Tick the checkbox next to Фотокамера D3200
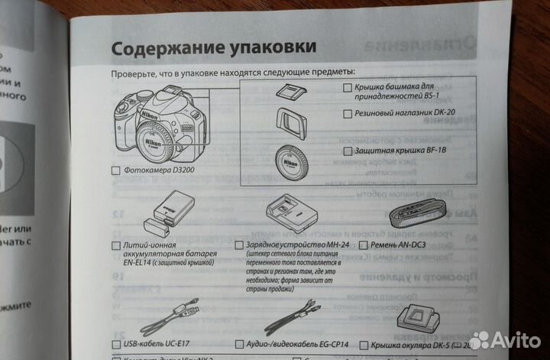tap(115, 170)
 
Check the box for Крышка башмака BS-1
tap(348, 89)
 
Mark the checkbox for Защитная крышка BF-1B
tap(348, 151)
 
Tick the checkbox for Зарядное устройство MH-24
tap(239, 245)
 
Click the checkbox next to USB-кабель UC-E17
tap(116, 345)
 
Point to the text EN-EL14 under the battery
tap(140, 262)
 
